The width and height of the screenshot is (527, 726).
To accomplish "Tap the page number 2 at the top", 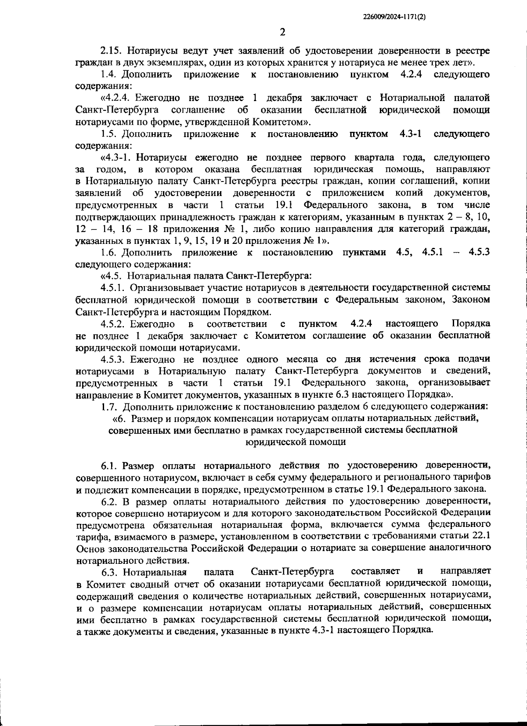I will point(282,32).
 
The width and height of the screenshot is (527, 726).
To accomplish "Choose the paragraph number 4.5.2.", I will point(114,324).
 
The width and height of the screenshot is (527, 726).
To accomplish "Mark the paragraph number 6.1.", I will point(110,465).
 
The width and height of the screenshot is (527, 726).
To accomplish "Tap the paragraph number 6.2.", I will point(110,501).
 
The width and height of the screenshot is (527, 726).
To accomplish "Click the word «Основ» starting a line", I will point(88,548).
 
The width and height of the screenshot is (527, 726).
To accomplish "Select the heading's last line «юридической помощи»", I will point(295,441).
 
